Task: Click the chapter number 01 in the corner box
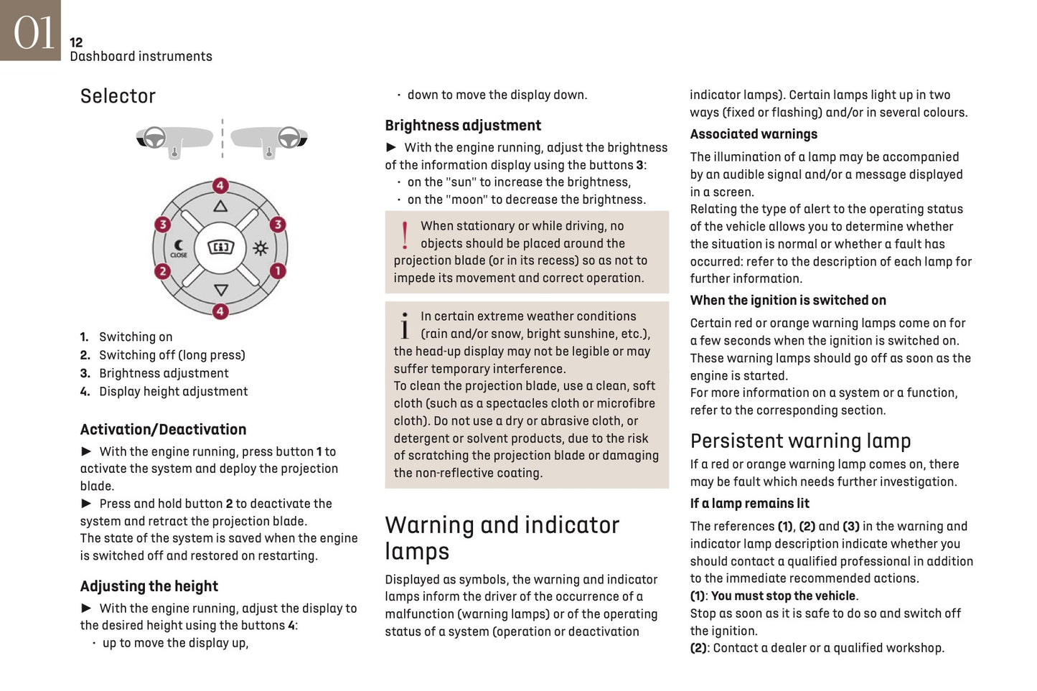tap(33, 32)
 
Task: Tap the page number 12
tap(76, 42)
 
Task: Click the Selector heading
tap(118, 96)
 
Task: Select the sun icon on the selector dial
tap(260, 248)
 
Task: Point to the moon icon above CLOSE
tap(179, 245)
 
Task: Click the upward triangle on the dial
tap(220, 207)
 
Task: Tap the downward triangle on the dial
tap(220, 290)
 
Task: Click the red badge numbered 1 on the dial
tap(278, 271)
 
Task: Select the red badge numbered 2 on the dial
tap(163, 271)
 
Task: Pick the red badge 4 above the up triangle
tap(220, 186)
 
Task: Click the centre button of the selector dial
tap(220, 248)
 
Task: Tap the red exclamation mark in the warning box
tap(405, 235)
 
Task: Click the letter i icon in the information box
tap(405, 325)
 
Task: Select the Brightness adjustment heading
tap(463, 126)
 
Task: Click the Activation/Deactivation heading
tap(163, 430)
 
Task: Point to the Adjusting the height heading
tap(149, 586)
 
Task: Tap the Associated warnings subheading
tap(754, 134)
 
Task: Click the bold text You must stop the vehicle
tap(783, 596)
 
